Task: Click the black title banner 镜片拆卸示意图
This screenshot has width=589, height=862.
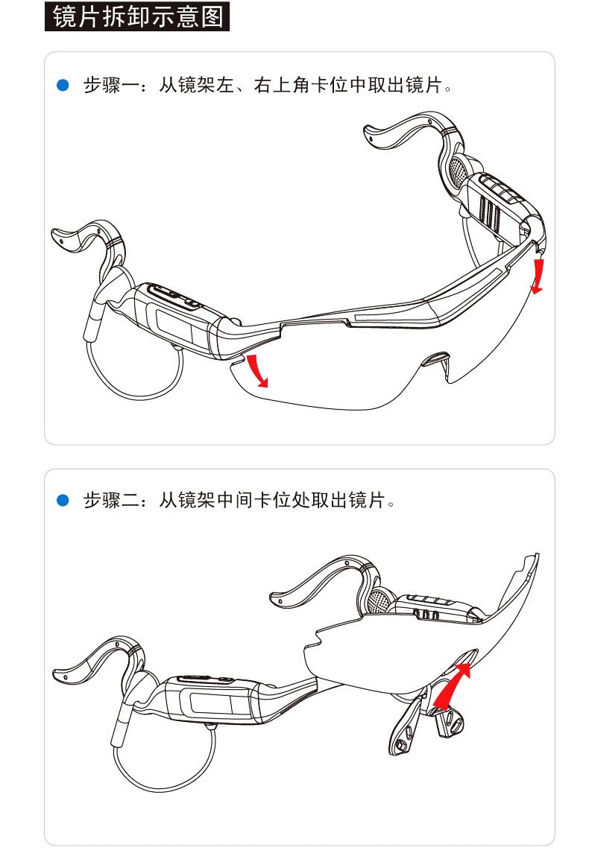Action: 137,16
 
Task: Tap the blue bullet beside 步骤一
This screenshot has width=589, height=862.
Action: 63,85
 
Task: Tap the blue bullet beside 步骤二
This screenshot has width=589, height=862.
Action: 63,500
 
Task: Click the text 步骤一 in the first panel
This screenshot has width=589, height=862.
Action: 111,85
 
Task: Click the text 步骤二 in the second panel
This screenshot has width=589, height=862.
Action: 111,500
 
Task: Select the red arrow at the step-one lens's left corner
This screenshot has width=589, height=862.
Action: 257,371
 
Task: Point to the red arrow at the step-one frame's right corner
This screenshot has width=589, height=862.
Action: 538,276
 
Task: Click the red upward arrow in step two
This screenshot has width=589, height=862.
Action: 452,685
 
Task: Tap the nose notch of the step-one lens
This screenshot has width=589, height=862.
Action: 438,358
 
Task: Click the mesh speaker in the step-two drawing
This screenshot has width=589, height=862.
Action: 379,601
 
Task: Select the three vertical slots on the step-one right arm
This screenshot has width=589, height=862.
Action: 490,215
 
